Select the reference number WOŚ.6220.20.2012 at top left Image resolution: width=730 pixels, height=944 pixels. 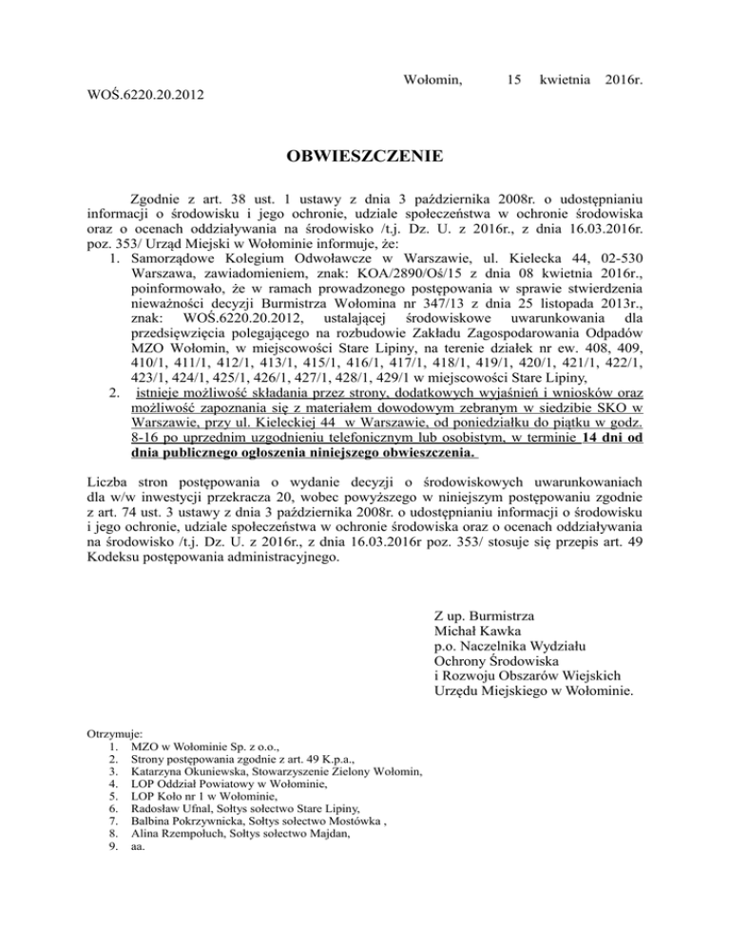[x=143, y=96]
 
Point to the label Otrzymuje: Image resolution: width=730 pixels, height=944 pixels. [x=114, y=734]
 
